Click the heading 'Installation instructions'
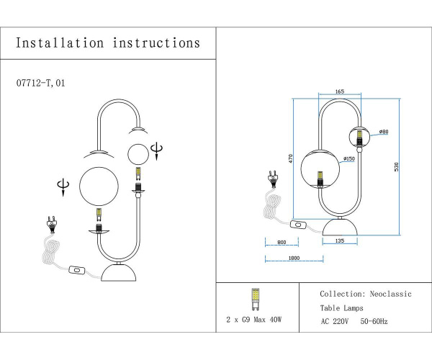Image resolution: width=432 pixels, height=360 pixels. coord(108,42)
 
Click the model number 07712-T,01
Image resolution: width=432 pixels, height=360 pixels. coord(44,84)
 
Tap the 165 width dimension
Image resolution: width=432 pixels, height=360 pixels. coord(340,92)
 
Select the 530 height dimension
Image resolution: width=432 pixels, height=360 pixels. coord(395,166)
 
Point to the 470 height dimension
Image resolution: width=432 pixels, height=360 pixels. coord(291,158)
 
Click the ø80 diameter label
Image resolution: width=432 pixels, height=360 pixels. coord(384,132)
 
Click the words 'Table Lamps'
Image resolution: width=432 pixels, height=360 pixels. coord(342,308)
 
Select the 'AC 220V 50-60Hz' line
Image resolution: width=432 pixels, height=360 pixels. coord(354,321)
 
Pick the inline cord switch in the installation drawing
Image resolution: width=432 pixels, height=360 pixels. coord(76,271)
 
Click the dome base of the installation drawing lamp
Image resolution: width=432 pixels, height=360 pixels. coord(119,274)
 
